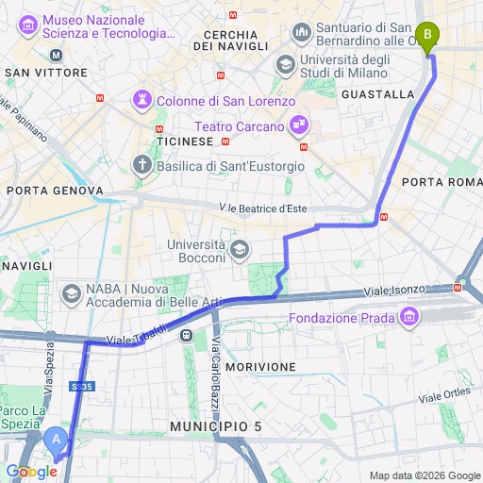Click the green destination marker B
point(428,37)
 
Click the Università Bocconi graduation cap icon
point(240,250)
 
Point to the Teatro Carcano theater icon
point(299,124)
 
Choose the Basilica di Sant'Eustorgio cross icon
point(142,165)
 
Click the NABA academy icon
point(71,294)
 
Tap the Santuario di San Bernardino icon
point(302,32)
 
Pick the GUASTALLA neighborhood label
point(378,94)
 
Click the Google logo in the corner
point(31,471)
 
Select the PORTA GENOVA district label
point(55,191)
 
